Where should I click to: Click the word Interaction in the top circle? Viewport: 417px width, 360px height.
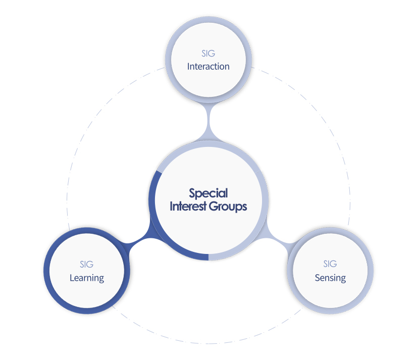pos(208,66)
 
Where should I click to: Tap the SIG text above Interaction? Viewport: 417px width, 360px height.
pos(208,54)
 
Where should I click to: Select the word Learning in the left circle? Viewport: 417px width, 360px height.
pos(87,278)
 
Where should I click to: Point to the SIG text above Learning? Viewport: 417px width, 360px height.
pos(87,264)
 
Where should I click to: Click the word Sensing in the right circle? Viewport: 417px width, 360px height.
pos(330,278)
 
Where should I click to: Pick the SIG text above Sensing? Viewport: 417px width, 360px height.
pos(330,264)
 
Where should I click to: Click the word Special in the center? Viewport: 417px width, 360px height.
pos(208,193)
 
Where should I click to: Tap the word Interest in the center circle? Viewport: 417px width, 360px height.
pos(188,206)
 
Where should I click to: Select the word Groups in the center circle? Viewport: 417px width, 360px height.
pos(228,207)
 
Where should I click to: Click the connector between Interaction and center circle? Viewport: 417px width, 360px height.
pos(209,121)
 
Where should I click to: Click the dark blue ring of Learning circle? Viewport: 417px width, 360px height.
pos(47,271)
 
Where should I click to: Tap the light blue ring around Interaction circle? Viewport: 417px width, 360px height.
pos(168,60)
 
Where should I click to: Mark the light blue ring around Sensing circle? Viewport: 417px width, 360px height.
pos(370,271)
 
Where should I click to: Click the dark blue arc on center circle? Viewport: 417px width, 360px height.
pos(160,234)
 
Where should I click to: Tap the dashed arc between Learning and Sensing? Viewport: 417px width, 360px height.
pos(209,343)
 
